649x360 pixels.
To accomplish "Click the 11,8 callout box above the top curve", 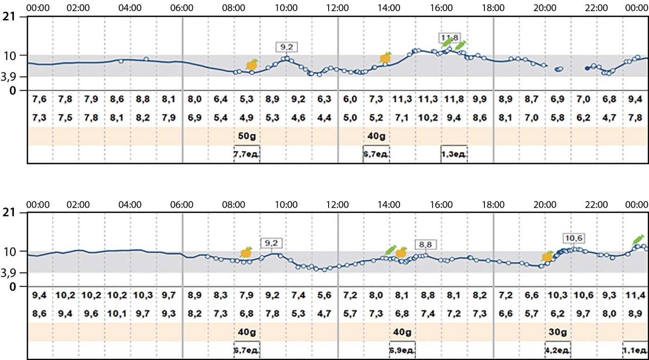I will coord(448,37).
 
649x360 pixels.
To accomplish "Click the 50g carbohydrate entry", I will coord(246,136).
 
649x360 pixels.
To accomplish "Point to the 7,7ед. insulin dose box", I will coord(246,155).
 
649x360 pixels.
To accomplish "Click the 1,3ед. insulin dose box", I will coord(453,155).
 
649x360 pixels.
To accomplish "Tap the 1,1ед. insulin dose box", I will coord(635,351).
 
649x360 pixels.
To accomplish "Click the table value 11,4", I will coord(635,295).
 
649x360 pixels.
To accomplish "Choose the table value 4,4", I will coord(324,118).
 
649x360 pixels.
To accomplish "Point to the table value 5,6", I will coord(324,295).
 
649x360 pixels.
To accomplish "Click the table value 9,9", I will coord(479,99).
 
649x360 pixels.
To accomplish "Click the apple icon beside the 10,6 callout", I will coord(547,256).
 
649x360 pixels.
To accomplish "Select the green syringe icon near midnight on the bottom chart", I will coord(638,240).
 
